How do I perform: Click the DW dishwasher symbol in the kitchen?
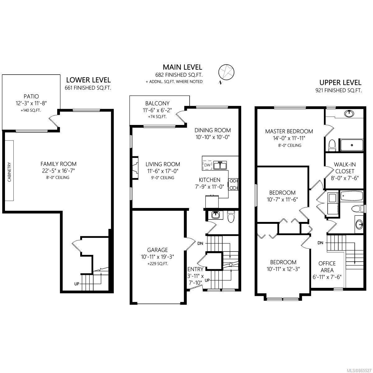point(207,165)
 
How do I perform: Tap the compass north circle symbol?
point(226,72)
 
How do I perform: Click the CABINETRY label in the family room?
point(9,172)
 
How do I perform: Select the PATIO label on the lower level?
point(31,96)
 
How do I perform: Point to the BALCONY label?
point(157,103)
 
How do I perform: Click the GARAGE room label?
point(157,250)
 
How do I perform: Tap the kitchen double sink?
point(220,165)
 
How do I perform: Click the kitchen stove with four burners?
point(233,184)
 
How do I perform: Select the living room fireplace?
point(135,168)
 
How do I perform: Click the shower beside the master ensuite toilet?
point(352,145)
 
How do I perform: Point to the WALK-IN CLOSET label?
point(345,168)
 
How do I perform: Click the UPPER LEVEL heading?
point(340,83)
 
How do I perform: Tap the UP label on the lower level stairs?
point(77,284)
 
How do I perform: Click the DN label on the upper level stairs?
point(320,242)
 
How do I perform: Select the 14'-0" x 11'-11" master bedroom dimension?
point(289,138)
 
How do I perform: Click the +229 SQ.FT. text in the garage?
point(158,264)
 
